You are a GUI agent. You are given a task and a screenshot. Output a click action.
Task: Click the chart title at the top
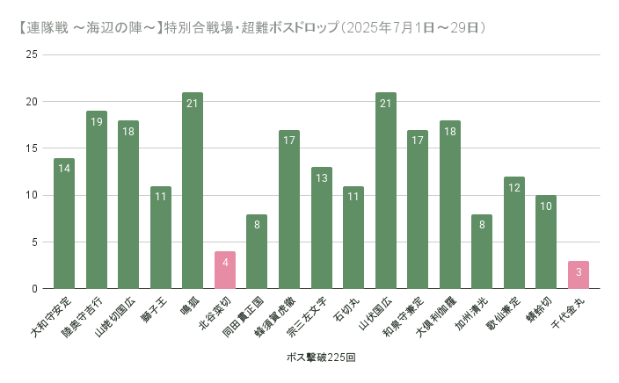coord(255,28)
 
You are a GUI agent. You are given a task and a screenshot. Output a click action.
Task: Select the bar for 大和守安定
coord(64,223)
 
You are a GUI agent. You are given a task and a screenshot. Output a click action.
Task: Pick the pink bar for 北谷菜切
coord(225,271)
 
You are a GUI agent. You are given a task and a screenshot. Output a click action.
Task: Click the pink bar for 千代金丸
coord(579,275)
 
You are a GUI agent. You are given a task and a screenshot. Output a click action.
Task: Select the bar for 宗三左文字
coord(322,228)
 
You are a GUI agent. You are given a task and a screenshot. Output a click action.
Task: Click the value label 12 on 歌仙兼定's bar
coord(514,187)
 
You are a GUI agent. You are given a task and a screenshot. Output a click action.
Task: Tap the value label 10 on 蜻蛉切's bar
coord(546,206)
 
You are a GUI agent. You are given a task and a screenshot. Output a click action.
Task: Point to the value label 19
coord(97,121)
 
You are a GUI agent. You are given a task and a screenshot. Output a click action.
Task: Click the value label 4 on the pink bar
coord(225,262)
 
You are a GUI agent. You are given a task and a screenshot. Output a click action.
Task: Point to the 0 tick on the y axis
coord(34,289)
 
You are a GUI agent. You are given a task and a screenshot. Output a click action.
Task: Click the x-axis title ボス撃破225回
coord(321,358)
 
